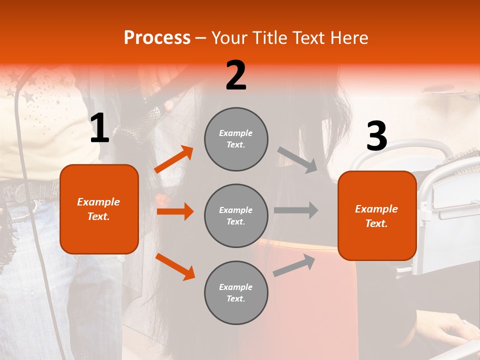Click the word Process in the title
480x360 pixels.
157,38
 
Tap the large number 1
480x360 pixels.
99,128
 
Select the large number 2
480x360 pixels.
236,75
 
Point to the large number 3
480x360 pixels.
376,136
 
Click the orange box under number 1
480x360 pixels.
99,209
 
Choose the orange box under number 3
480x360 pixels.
377,216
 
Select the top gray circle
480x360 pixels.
236,139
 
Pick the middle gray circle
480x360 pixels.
236,216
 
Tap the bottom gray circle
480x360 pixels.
236,293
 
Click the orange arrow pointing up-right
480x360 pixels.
174,159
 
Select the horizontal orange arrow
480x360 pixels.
175,211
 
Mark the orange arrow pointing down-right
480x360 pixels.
175,266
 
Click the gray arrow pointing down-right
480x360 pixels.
297,160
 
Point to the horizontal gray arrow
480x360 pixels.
296,210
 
